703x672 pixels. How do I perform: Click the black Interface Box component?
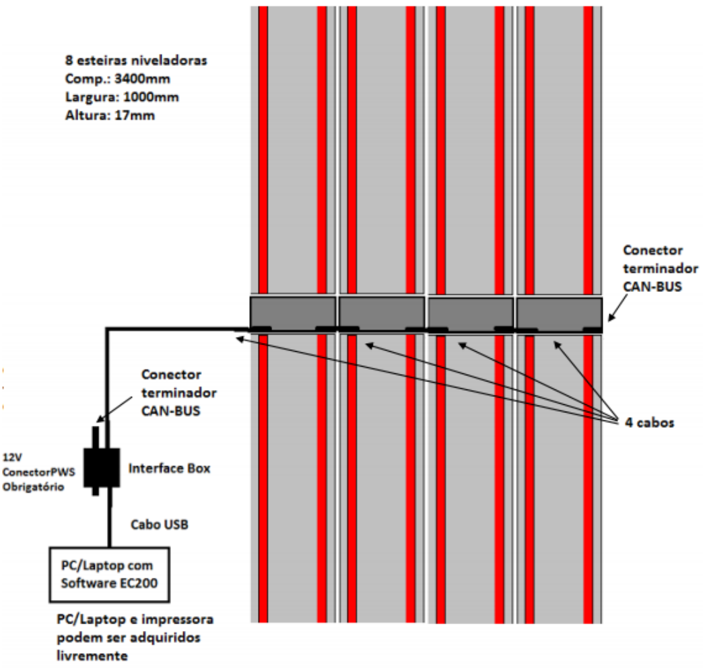(x=102, y=468)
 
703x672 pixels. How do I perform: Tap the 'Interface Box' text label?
(x=170, y=468)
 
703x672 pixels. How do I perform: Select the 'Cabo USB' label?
(x=160, y=524)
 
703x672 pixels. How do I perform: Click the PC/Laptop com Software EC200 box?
(x=109, y=574)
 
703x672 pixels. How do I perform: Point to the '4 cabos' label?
(x=650, y=422)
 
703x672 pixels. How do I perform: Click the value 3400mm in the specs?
(x=142, y=79)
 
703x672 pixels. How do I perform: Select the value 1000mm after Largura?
(x=151, y=97)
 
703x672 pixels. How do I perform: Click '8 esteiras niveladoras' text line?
(x=136, y=61)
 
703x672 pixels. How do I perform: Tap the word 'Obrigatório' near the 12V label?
(x=34, y=486)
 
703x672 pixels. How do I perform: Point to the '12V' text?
(x=12, y=457)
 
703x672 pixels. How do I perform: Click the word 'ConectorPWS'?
(x=38, y=472)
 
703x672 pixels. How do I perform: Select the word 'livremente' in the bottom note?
(x=92, y=656)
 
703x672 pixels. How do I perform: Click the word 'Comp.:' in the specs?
(x=88, y=79)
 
